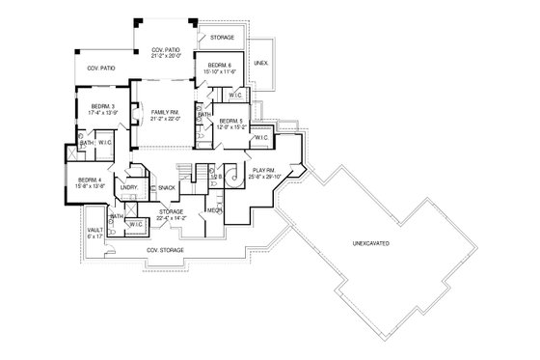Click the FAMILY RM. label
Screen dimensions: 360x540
tap(165, 112)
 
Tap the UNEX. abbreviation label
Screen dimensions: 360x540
tap(260, 63)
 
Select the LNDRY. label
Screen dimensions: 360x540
tap(129, 186)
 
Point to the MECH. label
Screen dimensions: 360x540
tap(214, 209)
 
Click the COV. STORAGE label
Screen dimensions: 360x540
tap(165, 249)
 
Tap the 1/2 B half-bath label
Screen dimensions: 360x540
tap(216, 178)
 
